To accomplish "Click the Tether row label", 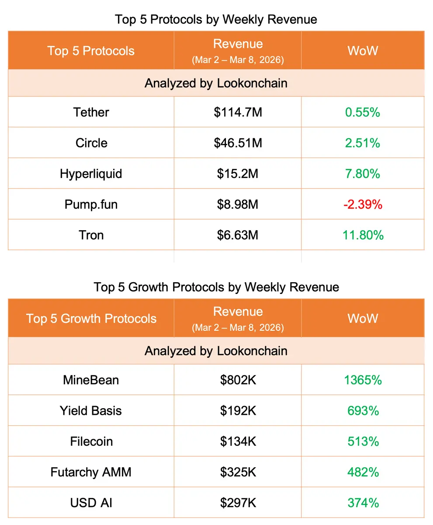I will coord(91,112).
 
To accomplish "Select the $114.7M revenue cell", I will coord(238,112).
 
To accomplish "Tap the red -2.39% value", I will coord(363,204).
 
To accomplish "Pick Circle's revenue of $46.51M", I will coord(238,143).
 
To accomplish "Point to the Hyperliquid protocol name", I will coord(91,174).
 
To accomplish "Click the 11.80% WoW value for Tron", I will coord(363,235).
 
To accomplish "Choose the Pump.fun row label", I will coord(91,204).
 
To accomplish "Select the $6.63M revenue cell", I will coord(238,235).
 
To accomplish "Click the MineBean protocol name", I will coord(91,380).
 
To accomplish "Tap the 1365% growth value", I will coord(363,380).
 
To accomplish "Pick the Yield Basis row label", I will coord(91,410).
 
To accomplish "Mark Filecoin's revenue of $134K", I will coord(238,441).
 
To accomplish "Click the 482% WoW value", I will coord(363,472).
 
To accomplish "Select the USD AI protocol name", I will coord(91,503).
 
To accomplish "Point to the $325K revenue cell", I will coord(238,472).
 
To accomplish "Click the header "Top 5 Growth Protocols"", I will coord(91,318).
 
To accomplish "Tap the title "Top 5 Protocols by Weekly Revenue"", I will coord(216,20).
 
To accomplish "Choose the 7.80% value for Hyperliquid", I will coord(363,174).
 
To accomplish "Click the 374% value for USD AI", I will coord(363,503).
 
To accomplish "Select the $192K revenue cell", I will coord(238,410).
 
